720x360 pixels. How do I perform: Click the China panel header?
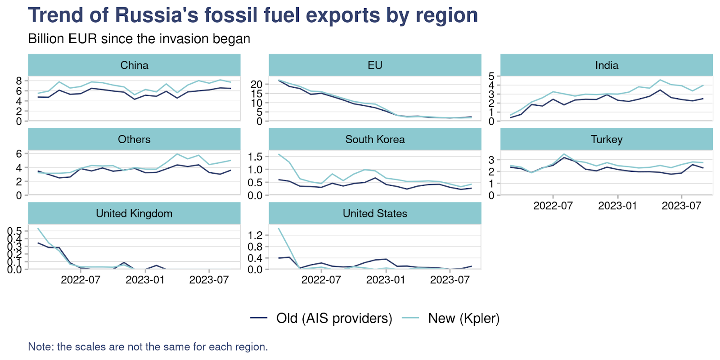[x=134, y=65]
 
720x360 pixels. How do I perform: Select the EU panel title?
[x=375, y=65]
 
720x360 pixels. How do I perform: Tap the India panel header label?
[x=607, y=65]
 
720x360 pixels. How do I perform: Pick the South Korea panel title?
[x=375, y=139]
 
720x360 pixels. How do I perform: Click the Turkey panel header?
[x=607, y=139]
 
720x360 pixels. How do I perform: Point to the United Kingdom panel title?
[x=134, y=213]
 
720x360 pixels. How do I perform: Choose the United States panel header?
[x=375, y=213]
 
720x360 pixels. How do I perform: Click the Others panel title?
[x=134, y=139]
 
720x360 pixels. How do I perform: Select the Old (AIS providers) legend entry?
[x=334, y=318]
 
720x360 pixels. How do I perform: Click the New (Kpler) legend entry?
[x=463, y=318]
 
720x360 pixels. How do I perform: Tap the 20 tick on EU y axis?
[x=256, y=84]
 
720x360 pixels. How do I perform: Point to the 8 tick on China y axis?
[x=19, y=81]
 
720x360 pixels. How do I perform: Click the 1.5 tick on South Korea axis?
[x=255, y=157]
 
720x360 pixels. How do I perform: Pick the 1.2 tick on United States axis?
[x=255, y=235]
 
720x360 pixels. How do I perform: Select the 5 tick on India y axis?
[x=491, y=76]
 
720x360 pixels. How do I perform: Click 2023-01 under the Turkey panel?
[x=617, y=206]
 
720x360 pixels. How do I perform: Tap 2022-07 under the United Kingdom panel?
[x=81, y=280]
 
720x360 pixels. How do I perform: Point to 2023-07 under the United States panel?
[x=450, y=280]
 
